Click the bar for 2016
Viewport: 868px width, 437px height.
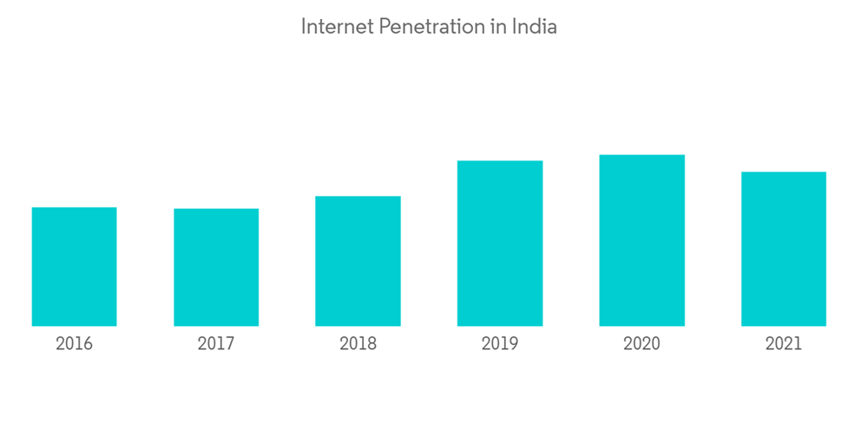pos(74,266)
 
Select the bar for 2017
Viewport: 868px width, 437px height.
pos(216,267)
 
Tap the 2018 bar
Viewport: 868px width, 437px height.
pos(358,261)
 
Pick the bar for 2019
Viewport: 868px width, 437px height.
pos(500,243)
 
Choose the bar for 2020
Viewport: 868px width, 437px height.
pos(641,240)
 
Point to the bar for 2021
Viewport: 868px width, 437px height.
pos(784,249)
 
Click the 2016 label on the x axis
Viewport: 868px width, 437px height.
pos(74,344)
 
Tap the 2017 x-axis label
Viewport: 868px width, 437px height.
pos(216,344)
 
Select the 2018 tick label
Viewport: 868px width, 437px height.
pos(358,344)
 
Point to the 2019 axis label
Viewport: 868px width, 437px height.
pos(500,344)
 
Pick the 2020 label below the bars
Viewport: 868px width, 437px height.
pos(641,344)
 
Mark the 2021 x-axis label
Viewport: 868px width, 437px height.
pos(784,344)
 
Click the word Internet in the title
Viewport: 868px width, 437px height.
pos(336,27)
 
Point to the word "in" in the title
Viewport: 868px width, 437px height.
pos(497,27)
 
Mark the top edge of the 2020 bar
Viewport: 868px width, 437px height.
pos(641,155)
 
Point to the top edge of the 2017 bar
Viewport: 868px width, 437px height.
pos(216,209)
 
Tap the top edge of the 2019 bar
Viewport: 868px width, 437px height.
pos(500,161)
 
